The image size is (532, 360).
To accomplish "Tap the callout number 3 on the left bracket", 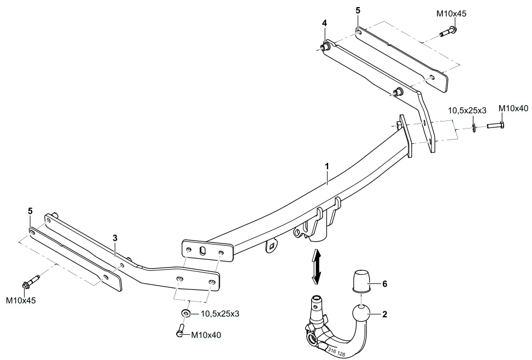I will pyautogui.click(x=115, y=237).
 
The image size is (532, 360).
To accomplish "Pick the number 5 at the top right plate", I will pyautogui.click(x=358, y=10).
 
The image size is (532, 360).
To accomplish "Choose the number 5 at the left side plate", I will pyautogui.click(x=30, y=211).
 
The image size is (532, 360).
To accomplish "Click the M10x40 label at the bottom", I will pyautogui.click(x=206, y=335).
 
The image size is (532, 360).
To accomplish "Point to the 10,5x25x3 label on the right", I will pyautogui.click(x=467, y=111).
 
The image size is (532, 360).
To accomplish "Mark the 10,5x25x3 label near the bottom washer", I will pyautogui.click(x=220, y=314).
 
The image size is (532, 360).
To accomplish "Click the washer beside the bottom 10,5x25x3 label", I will pyautogui.click(x=186, y=313).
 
